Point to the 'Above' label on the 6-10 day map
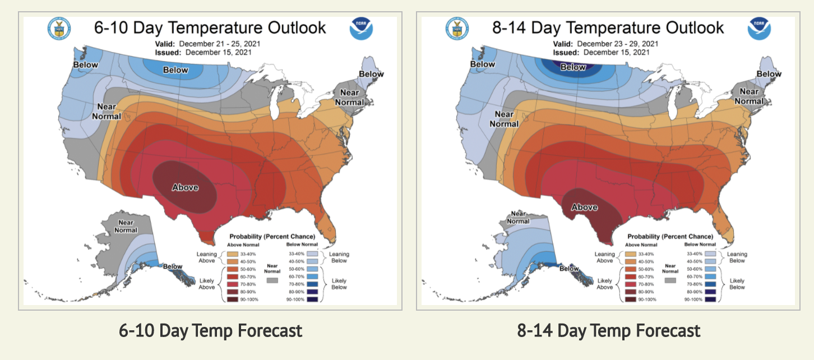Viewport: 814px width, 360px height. (x=185, y=187)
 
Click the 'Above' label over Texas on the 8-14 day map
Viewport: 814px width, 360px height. (x=584, y=207)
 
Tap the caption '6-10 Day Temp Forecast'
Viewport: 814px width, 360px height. (x=211, y=331)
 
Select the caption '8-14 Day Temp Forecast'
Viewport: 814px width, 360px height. (x=609, y=331)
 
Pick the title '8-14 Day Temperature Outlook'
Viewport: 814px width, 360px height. (x=608, y=27)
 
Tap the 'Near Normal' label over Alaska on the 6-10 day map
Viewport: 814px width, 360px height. (x=126, y=226)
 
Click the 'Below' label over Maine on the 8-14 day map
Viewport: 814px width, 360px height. (x=769, y=74)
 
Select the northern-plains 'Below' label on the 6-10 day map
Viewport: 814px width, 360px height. (x=175, y=70)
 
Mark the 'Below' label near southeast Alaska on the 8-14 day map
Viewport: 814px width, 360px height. (x=569, y=269)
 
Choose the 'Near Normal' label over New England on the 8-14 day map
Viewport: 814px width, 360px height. (x=749, y=96)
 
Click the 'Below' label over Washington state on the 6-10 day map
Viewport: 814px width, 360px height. (x=85, y=65)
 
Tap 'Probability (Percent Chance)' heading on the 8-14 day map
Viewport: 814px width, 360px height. (x=670, y=237)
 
